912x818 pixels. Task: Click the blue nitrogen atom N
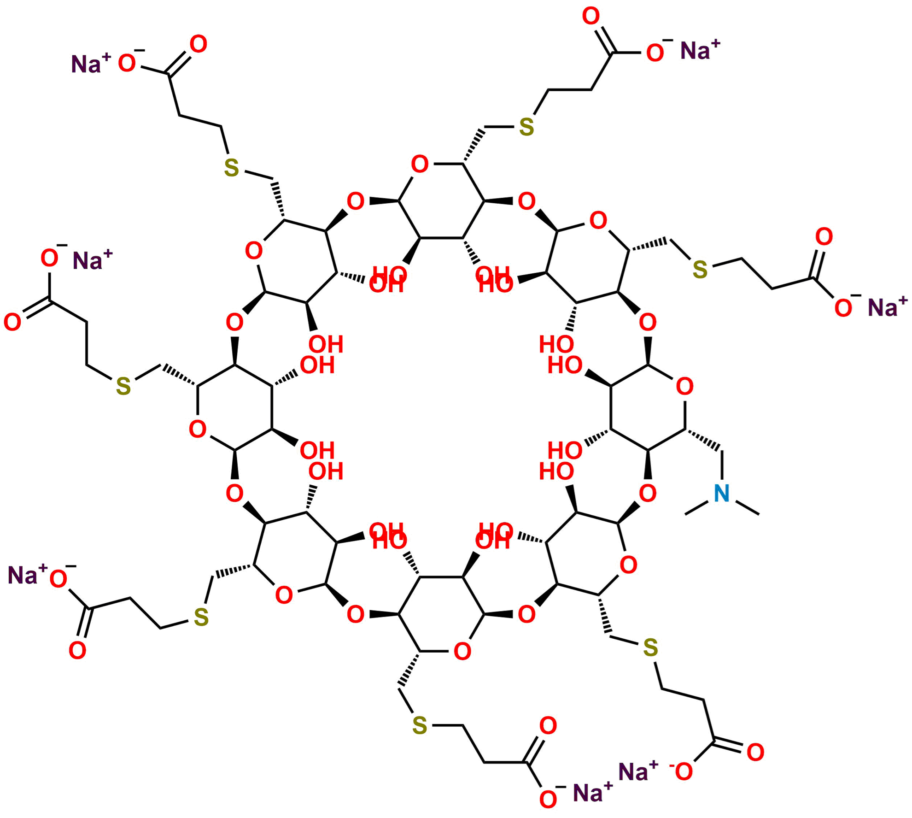[722, 494]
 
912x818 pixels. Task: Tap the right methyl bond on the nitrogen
[746, 506]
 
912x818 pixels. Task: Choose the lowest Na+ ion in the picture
[591, 792]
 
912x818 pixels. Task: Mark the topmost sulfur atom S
[526, 127]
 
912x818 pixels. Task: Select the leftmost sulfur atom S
[123, 386]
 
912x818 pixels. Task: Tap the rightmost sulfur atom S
[700, 269]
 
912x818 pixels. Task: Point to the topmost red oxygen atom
[591, 17]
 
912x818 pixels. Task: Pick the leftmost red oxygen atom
[12, 322]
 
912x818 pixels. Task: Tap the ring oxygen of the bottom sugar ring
[462, 652]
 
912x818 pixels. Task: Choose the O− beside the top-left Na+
[128, 63]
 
